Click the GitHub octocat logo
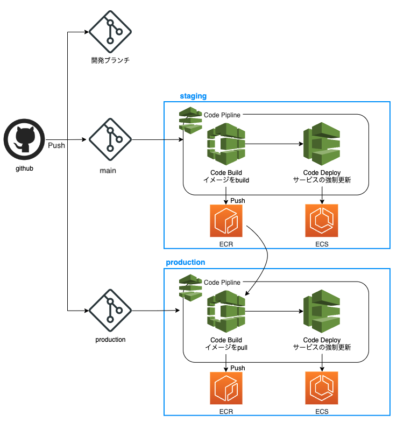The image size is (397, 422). tap(24, 142)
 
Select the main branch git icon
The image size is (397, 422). tap(110, 142)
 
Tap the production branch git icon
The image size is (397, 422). tap(110, 311)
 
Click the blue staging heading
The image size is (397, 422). tap(193, 96)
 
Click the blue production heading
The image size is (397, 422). tap(186, 263)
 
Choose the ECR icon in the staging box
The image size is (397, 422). tap(226, 221)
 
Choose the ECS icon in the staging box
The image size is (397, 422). tap(322, 221)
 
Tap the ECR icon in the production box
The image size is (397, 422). tap(226, 388)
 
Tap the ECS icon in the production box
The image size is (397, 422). tap(322, 388)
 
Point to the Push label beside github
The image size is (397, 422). tap(56, 145)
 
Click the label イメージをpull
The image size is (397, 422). tap(226, 347)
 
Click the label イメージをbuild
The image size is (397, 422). tap(226, 180)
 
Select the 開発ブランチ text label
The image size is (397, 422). tap(110, 60)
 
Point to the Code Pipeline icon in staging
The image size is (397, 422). tap(190, 120)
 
